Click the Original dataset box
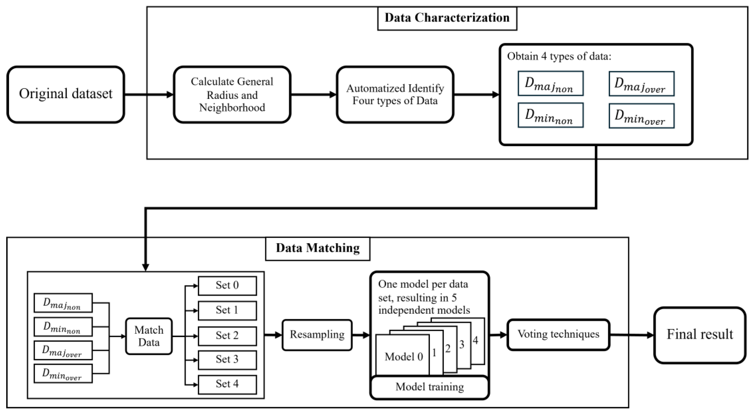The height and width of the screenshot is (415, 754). pyautogui.click(x=66, y=94)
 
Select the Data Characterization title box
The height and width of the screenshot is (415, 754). pyautogui.click(x=447, y=18)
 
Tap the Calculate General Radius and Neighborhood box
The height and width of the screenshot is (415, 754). pyautogui.click(x=232, y=94)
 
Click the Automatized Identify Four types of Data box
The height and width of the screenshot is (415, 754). pyautogui.click(x=395, y=94)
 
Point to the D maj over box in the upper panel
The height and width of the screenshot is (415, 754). pyautogui.click(x=641, y=84)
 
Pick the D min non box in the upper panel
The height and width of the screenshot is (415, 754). pyautogui.click(x=550, y=115)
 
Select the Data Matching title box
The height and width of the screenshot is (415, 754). pyautogui.click(x=318, y=248)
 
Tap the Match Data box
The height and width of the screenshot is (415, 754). pyautogui.click(x=149, y=336)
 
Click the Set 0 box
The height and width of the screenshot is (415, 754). pyautogui.click(x=227, y=286)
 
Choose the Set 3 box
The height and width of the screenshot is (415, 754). pyautogui.click(x=227, y=360)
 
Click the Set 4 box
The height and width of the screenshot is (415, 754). pyautogui.click(x=227, y=384)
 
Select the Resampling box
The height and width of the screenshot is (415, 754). pyautogui.click(x=317, y=335)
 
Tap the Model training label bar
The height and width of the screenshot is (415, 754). pyautogui.click(x=429, y=387)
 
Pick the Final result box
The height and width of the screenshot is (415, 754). pyautogui.click(x=700, y=335)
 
